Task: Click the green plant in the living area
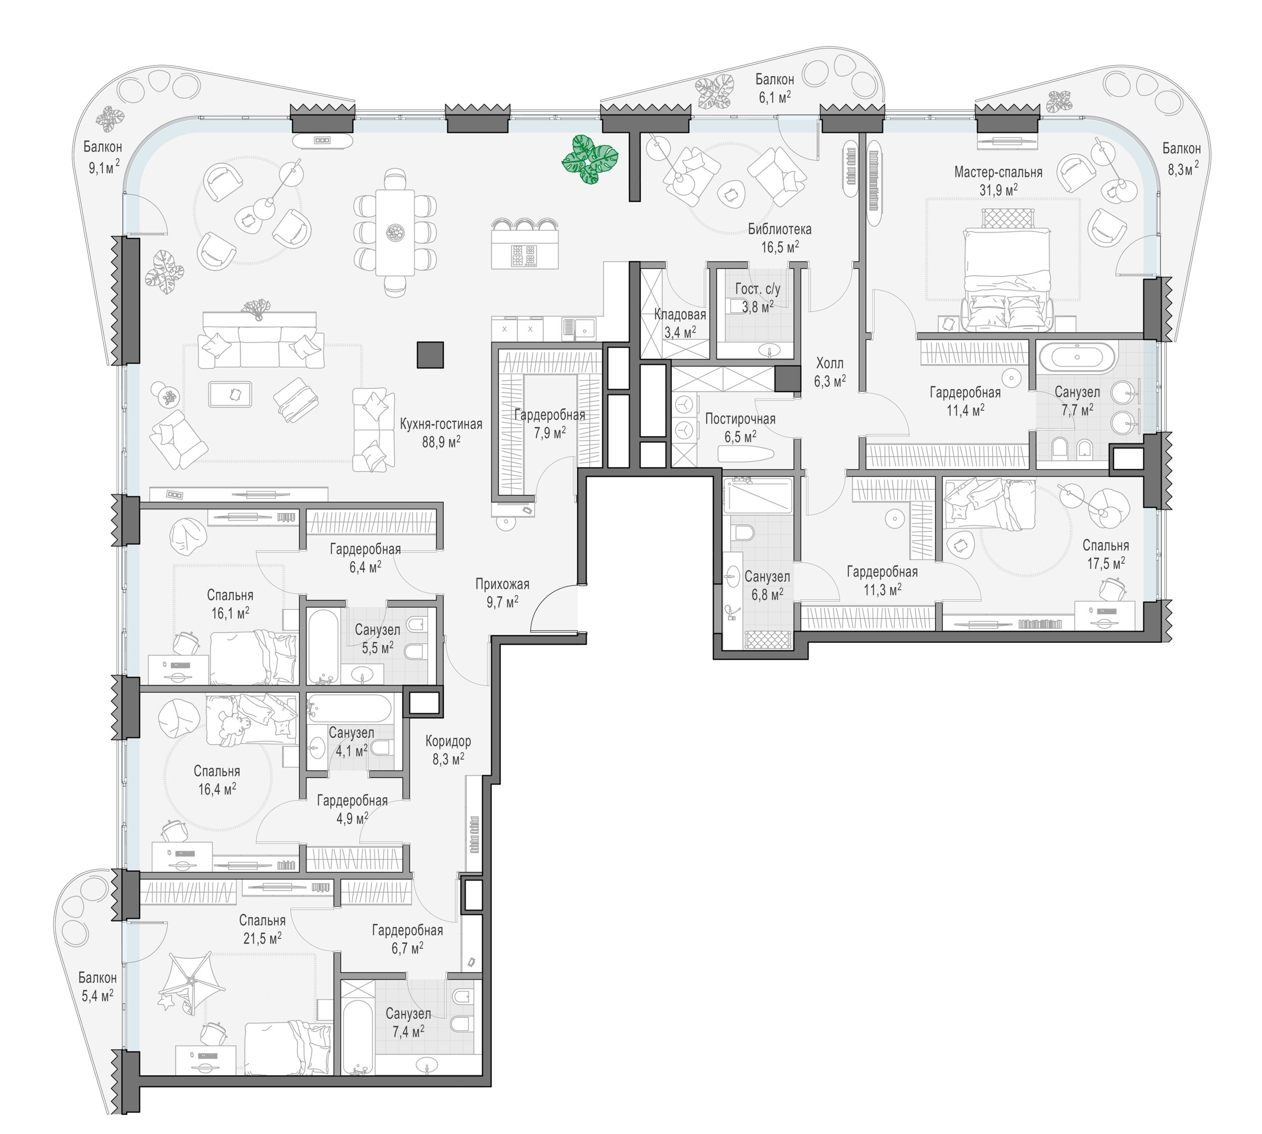tap(589, 160)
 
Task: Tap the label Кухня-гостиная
tap(441, 424)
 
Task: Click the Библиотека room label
tap(780, 230)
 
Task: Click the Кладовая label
tap(679, 315)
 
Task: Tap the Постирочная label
tap(740, 419)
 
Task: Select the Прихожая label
tap(502, 585)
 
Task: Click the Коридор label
tap(448, 742)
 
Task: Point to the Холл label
tap(829, 363)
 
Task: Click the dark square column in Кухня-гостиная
tap(430, 355)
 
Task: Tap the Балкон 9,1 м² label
tap(102, 157)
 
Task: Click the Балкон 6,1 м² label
tap(774, 88)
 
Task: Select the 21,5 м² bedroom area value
tap(262, 938)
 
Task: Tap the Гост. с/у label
tap(758, 289)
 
